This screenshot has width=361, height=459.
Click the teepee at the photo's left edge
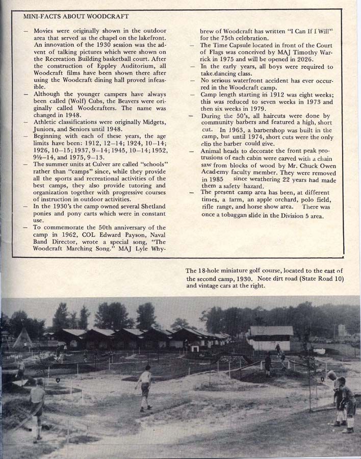point(22,338)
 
